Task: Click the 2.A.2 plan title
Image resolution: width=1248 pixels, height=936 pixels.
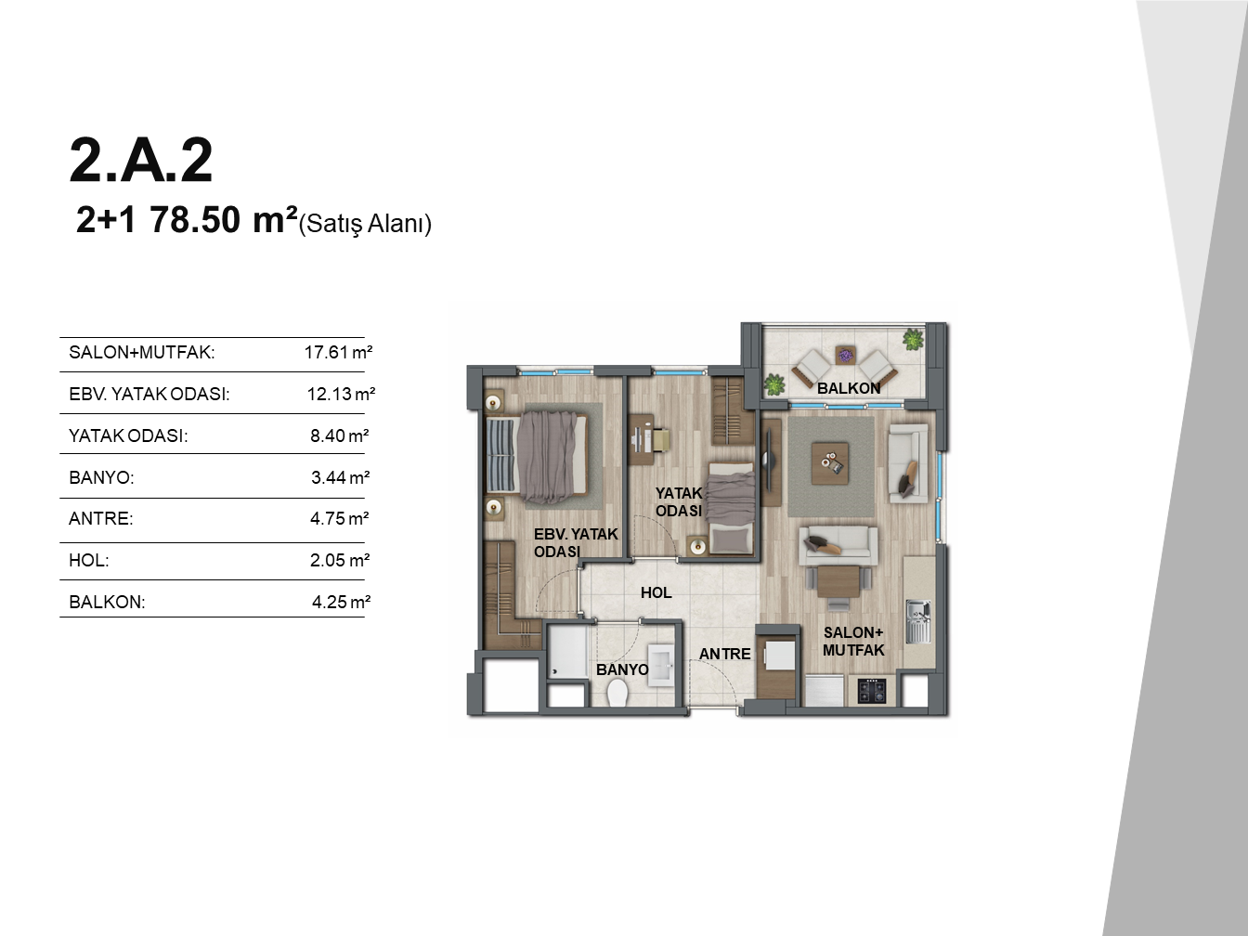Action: click(141, 161)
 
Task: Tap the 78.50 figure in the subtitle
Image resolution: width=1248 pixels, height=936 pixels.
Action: click(195, 220)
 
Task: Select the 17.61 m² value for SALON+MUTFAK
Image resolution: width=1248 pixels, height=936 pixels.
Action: click(338, 352)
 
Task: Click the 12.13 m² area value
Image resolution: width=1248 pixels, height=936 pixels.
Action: click(341, 394)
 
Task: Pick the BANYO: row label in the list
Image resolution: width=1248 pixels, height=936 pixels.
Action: click(102, 477)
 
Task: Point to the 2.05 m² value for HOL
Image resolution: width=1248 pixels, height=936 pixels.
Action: click(340, 560)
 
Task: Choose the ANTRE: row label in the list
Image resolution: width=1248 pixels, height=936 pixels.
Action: click(101, 518)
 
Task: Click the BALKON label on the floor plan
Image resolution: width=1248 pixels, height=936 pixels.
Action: click(849, 388)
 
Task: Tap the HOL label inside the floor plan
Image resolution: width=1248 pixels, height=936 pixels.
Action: click(656, 592)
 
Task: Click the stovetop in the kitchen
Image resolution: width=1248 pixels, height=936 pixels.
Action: click(872, 691)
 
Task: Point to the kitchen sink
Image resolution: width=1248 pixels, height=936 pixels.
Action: click(918, 621)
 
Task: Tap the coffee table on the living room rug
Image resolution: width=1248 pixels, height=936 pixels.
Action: click(830, 463)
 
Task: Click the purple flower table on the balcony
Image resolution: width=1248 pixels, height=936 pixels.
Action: click(845, 356)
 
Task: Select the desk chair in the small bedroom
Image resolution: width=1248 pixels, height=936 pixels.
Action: click(660, 440)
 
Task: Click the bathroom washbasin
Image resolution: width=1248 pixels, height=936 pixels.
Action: click(660, 665)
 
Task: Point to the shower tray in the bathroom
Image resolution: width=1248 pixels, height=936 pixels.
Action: click(568, 651)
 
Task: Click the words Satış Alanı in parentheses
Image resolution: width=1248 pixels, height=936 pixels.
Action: click(365, 224)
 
